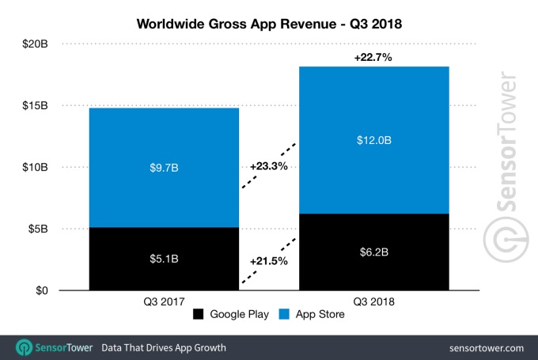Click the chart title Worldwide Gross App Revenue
[269, 24]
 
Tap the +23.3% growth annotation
[267, 167]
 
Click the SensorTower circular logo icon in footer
[25, 347]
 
